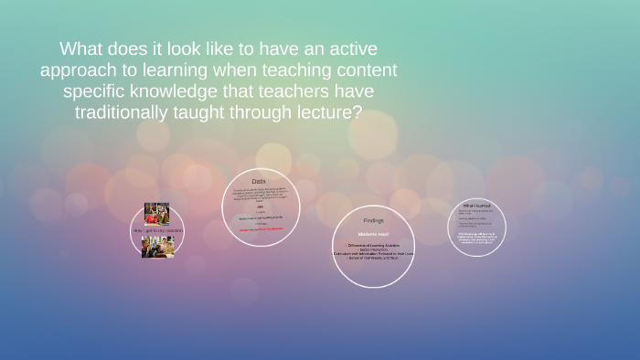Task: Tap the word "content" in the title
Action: pyautogui.click(x=364, y=70)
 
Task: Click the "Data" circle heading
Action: pyautogui.click(x=260, y=182)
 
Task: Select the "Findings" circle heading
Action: pyautogui.click(x=373, y=220)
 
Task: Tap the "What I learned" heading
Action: pyautogui.click(x=476, y=206)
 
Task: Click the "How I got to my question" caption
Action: pyautogui.click(x=157, y=230)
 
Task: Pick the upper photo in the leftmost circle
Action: pyautogui.click(x=156, y=214)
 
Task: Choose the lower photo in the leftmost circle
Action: pyautogui.click(x=157, y=247)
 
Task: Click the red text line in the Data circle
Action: pyautogui.click(x=261, y=230)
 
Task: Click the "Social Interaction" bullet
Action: pyautogui.click(x=373, y=249)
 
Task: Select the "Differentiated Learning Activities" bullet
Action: pyautogui.click(x=373, y=245)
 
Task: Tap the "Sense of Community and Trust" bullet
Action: pyautogui.click(x=373, y=259)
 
